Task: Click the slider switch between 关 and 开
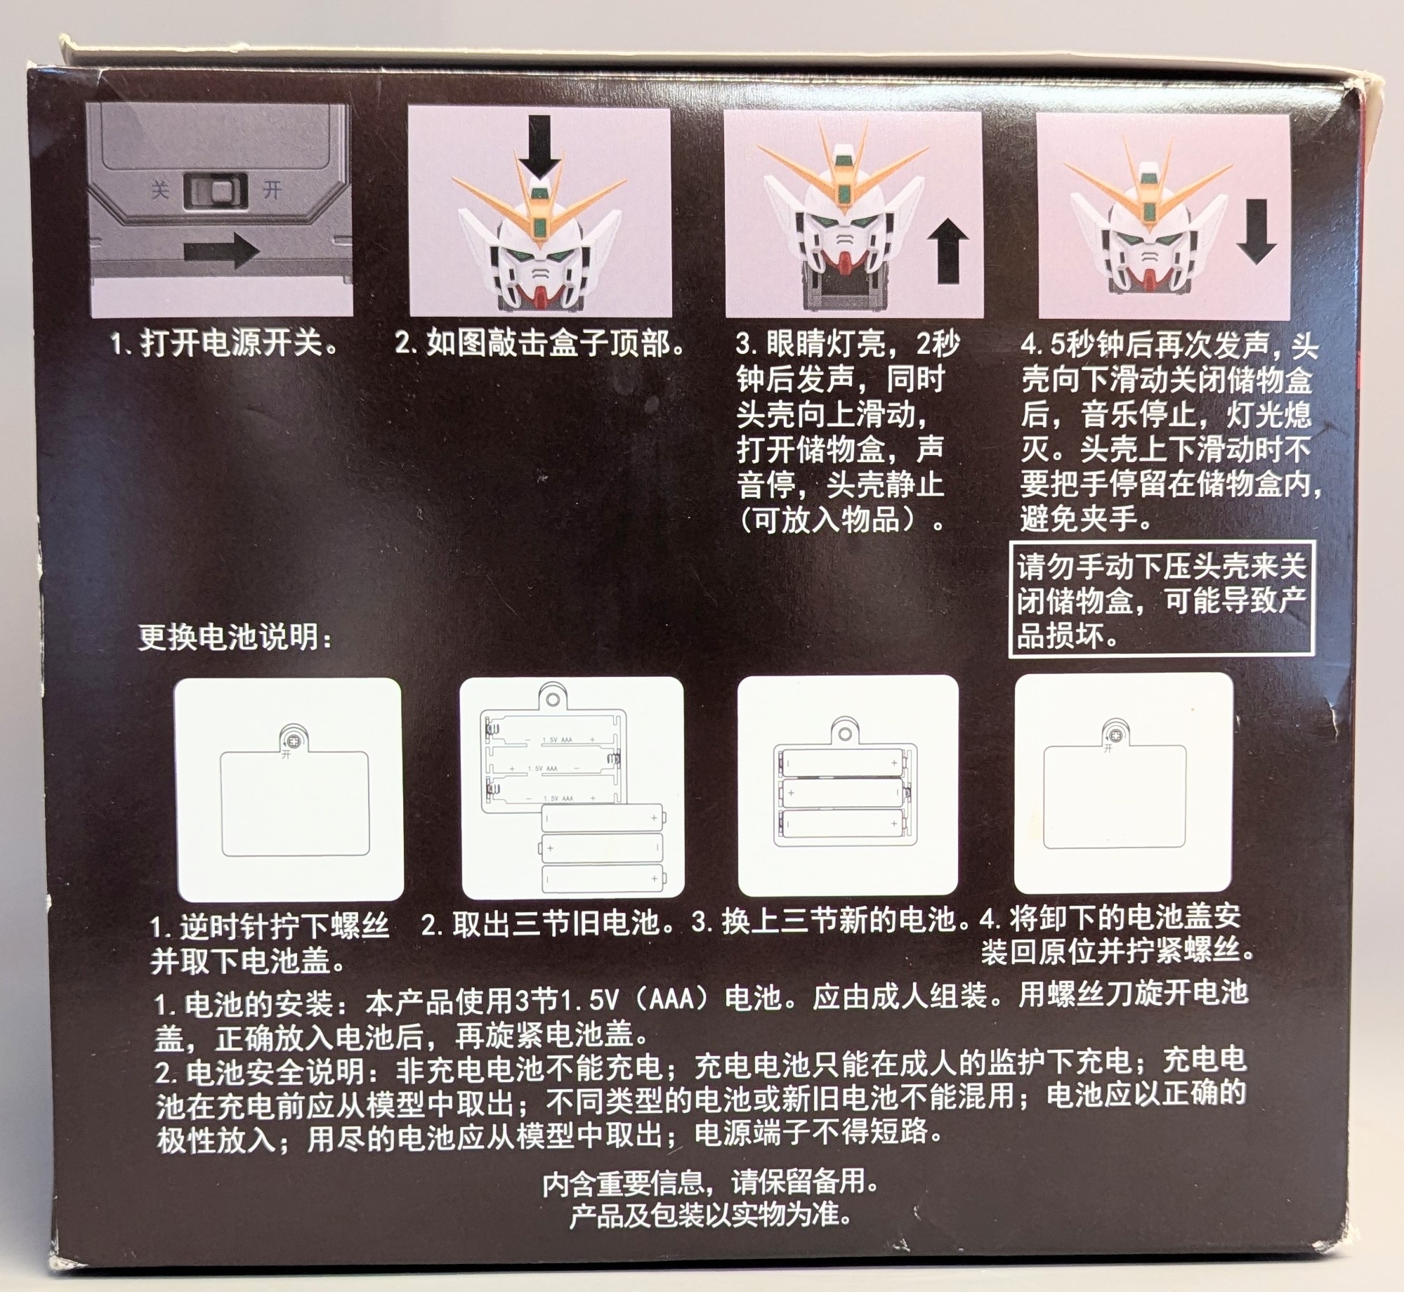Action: [216, 192]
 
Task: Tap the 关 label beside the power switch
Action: [160, 190]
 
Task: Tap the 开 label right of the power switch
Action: [273, 190]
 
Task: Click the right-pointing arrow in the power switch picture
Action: [221, 251]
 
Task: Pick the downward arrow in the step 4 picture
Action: [1256, 232]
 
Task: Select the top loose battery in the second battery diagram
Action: [603, 818]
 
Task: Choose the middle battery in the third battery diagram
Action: [840, 792]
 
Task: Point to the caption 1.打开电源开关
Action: [225, 344]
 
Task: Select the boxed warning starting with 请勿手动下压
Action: [1161, 599]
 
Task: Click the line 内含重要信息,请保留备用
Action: [710, 1183]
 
